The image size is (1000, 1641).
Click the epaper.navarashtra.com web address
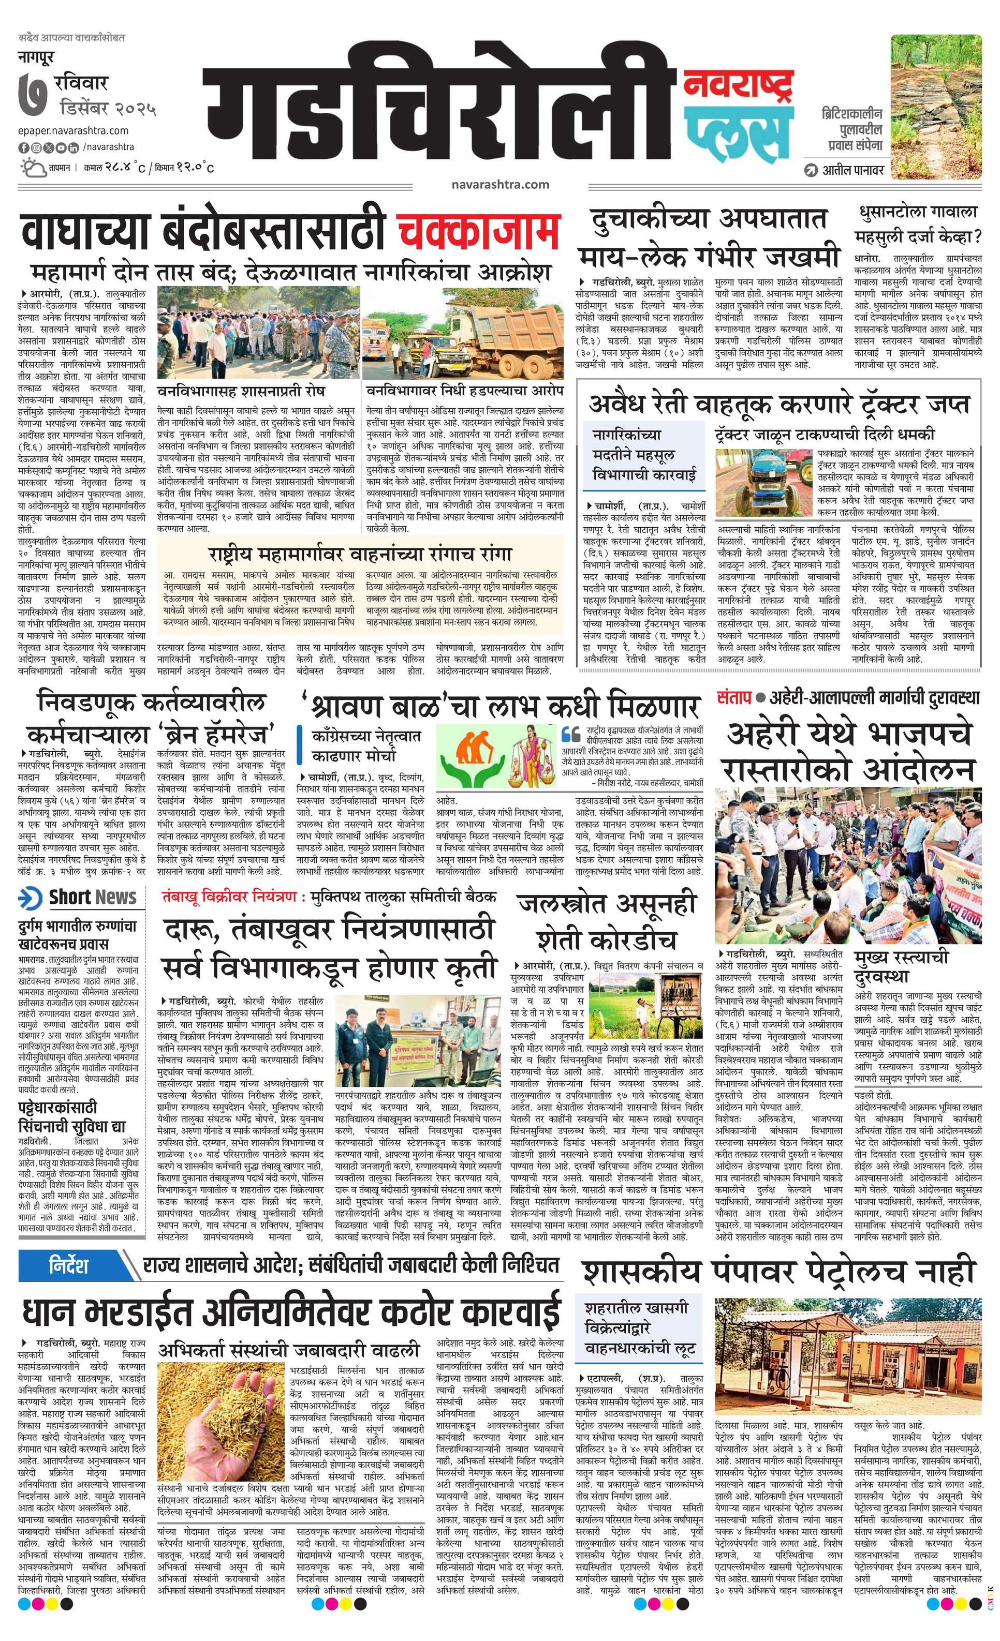[73, 130]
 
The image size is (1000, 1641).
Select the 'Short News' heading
[92, 897]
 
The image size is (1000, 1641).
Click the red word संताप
[734, 697]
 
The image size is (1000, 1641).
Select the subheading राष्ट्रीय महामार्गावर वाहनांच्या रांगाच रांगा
[360, 554]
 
